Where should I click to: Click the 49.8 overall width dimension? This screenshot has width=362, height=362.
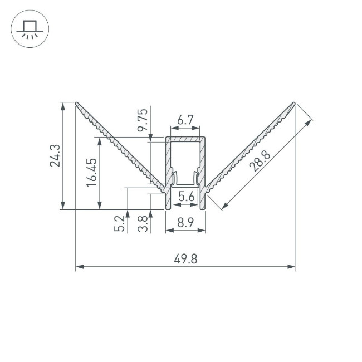click(185, 259)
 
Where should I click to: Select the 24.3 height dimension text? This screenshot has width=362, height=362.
click(54, 156)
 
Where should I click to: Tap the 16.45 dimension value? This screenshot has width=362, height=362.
click(92, 172)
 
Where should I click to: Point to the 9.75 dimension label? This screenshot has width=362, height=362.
click(143, 120)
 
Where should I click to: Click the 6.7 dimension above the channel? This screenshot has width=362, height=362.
click(185, 120)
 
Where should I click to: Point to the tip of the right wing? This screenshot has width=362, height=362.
click(293, 103)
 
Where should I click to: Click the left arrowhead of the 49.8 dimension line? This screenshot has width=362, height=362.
click(78, 267)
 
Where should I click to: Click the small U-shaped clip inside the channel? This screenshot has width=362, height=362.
click(185, 181)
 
